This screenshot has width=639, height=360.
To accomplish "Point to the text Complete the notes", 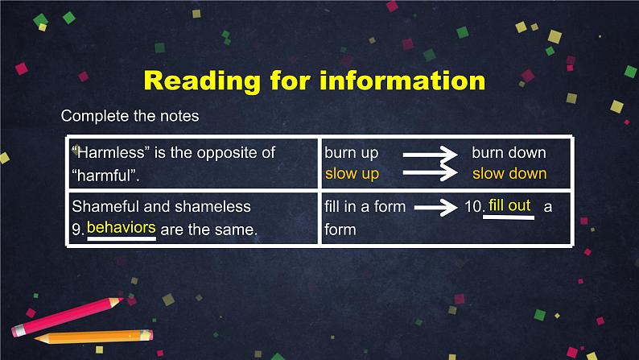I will coord(130,116).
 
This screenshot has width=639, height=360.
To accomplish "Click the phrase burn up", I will coord(352,152).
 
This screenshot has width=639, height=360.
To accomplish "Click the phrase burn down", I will coord(509,152).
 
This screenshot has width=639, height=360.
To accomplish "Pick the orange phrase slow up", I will coord(352,173).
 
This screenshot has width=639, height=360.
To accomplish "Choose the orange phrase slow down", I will coord(509,173).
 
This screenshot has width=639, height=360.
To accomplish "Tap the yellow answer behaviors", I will coord(121,228).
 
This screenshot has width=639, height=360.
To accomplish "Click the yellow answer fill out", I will coord(509,205).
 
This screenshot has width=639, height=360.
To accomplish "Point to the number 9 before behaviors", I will coord(77,230).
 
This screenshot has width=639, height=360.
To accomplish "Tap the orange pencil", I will coord(93,336).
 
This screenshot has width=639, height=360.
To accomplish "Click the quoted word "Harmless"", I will coord(101,152).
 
